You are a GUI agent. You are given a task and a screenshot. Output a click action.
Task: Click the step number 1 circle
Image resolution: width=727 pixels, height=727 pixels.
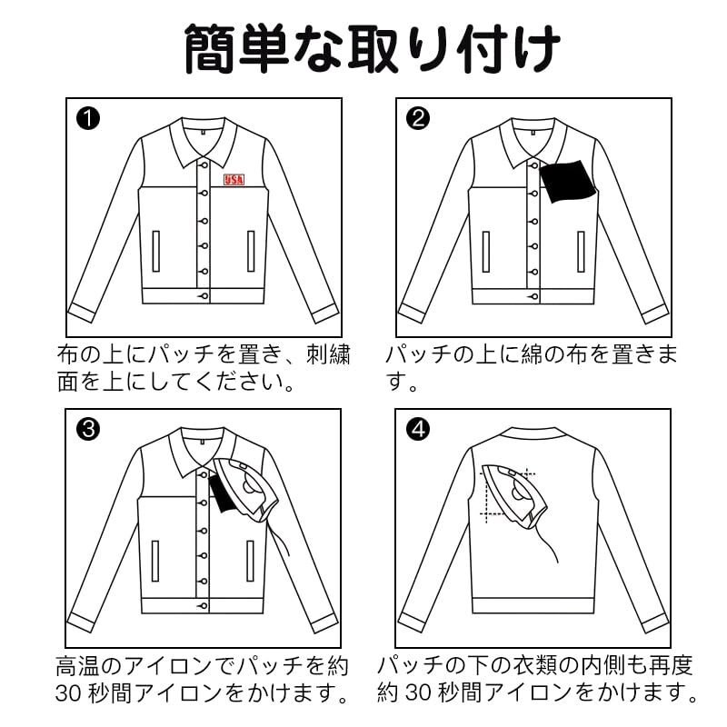pyautogui.click(x=88, y=118)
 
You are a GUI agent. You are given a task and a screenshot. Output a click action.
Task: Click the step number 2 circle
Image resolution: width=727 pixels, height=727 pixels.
pyautogui.click(x=417, y=118)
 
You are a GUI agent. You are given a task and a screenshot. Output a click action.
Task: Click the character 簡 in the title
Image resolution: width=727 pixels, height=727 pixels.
pyautogui.click(x=212, y=49)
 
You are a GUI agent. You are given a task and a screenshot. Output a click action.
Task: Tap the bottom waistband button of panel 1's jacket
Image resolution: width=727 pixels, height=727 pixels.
pyautogui.click(x=204, y=296)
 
